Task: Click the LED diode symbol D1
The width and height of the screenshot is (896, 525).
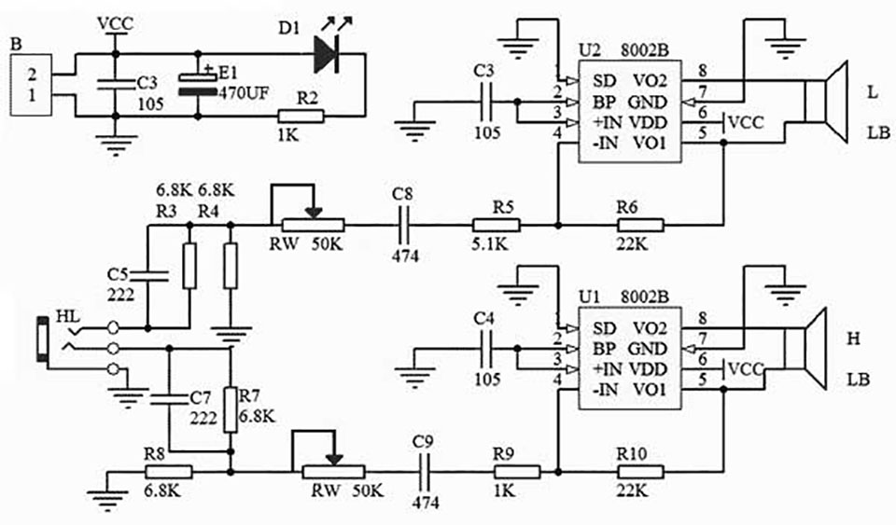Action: [327, 54]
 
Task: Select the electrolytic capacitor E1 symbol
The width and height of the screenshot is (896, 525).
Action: [197, 85]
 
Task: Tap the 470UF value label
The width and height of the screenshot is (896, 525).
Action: [243, 93]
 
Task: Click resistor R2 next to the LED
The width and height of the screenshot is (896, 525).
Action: [301, 117]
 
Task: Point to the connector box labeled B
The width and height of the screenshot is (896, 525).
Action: [31, 85]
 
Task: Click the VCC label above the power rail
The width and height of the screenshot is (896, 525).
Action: [116, 24]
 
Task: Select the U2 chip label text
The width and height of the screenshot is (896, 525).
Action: [590, 50]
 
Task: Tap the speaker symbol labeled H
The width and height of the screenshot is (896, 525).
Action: [805, 348]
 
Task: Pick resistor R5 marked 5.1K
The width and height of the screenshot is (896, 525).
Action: [496, 226]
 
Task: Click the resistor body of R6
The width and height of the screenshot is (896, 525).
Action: [640, 226]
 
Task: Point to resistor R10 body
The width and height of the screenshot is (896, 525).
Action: [640, 472]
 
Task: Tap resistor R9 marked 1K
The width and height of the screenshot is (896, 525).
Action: [516, 472]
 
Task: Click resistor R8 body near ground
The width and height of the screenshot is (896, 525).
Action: [169, 472]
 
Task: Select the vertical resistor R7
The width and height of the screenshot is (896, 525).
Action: [231, 409]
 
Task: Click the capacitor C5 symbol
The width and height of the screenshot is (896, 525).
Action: [148, 276]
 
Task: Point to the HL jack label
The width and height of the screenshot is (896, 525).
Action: [68, 317]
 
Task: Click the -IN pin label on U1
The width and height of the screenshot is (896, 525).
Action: [606, 390]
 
